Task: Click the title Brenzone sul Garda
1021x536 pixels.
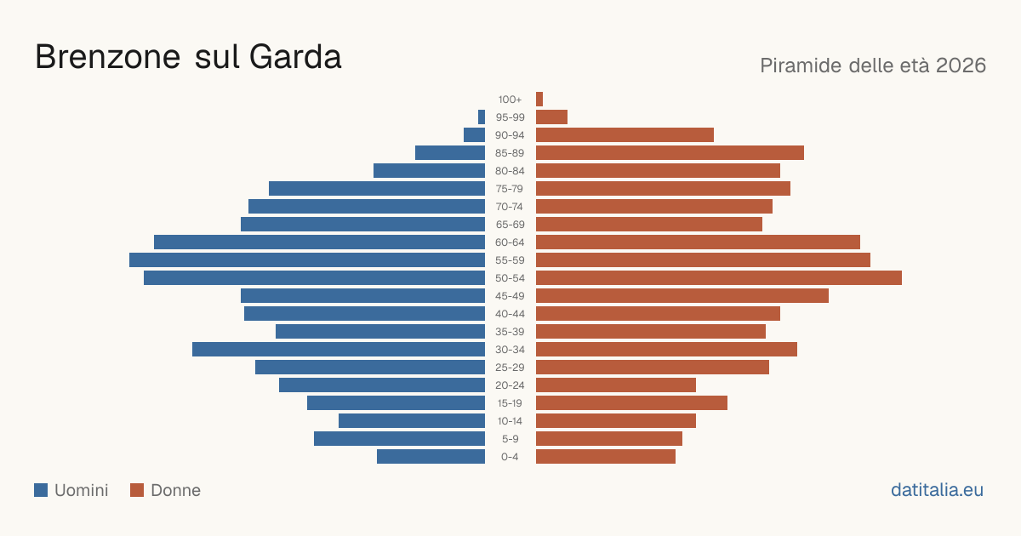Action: click(188, 57)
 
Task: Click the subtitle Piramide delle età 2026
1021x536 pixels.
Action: click(873, 66)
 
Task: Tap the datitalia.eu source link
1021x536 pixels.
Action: click(937, 490)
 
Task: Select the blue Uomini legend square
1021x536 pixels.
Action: click(41, 490)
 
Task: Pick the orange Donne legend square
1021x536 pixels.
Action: click(137, 490)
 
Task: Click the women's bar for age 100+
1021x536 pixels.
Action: click(539, 99)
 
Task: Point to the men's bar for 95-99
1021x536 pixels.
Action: click(482, 117)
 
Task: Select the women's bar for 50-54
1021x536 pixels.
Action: click(719, 277)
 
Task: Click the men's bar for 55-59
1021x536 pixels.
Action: click(307, 259)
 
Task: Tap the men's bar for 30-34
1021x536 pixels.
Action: click(339, 349)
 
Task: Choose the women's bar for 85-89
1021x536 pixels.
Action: click(670, 152)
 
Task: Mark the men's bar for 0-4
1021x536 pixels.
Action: click(431, 456)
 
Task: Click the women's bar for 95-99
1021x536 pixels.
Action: click(551, 117)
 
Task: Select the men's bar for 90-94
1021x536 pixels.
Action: click(474, 135)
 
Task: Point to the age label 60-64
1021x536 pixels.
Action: click(510, 242)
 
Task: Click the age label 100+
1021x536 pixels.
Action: click(510, 100)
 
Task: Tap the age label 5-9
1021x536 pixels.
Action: click(510, 439)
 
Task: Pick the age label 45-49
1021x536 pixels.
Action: click(510, 296)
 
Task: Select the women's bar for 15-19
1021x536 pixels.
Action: click(631, 403)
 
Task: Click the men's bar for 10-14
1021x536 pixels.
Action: click(412, 420)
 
